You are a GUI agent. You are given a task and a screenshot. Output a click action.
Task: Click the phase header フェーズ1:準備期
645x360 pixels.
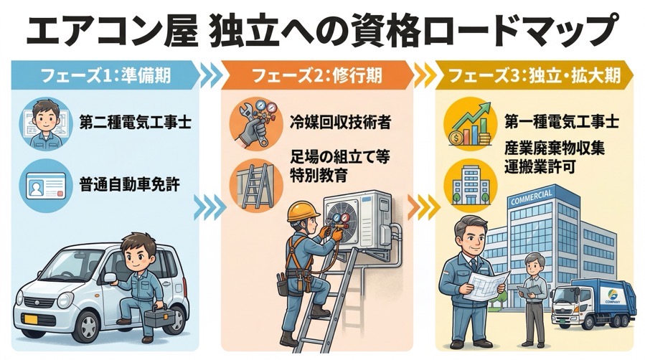[105, 75]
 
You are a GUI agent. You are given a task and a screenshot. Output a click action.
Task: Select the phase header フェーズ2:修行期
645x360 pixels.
[316, 75]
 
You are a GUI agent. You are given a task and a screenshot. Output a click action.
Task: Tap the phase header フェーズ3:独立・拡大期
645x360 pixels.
[534, 75]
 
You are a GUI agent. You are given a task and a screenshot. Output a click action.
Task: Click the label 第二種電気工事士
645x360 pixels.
[135, 122]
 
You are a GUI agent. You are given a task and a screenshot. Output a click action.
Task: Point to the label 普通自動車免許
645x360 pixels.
[129, 185]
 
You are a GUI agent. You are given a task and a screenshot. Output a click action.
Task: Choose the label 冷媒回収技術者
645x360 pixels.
[340, 122]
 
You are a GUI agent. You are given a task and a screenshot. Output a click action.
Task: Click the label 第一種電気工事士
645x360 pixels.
[562, 121]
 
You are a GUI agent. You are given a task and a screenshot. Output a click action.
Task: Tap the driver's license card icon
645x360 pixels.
[46, 185]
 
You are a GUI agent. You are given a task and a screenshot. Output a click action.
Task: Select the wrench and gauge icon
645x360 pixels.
[256, 123]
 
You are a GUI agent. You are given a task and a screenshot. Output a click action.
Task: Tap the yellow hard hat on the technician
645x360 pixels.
[303, 212]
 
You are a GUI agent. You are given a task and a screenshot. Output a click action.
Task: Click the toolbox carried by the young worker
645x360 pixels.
[159, 316]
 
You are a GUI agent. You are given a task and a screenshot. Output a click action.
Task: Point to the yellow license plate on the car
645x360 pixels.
[31, 319]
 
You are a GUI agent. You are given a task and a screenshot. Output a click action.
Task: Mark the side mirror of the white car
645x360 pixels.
[110, 278]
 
